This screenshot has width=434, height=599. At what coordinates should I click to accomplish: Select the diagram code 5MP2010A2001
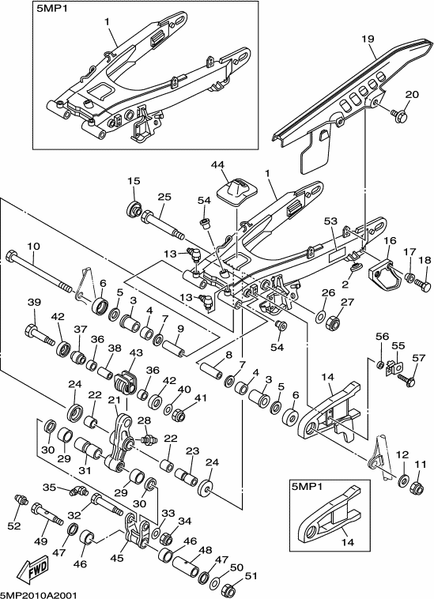39,595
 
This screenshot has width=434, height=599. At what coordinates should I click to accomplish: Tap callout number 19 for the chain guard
368,39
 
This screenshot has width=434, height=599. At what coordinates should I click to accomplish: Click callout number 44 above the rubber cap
217,165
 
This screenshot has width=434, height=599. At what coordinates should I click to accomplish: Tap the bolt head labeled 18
423,285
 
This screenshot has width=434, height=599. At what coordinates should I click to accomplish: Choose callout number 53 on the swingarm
331,221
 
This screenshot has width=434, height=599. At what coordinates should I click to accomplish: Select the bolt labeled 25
162,226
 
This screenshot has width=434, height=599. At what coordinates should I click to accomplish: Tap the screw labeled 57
406,379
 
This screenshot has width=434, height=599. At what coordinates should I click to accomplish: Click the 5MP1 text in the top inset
51,9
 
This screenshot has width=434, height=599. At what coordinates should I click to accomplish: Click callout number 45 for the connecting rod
117,557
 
